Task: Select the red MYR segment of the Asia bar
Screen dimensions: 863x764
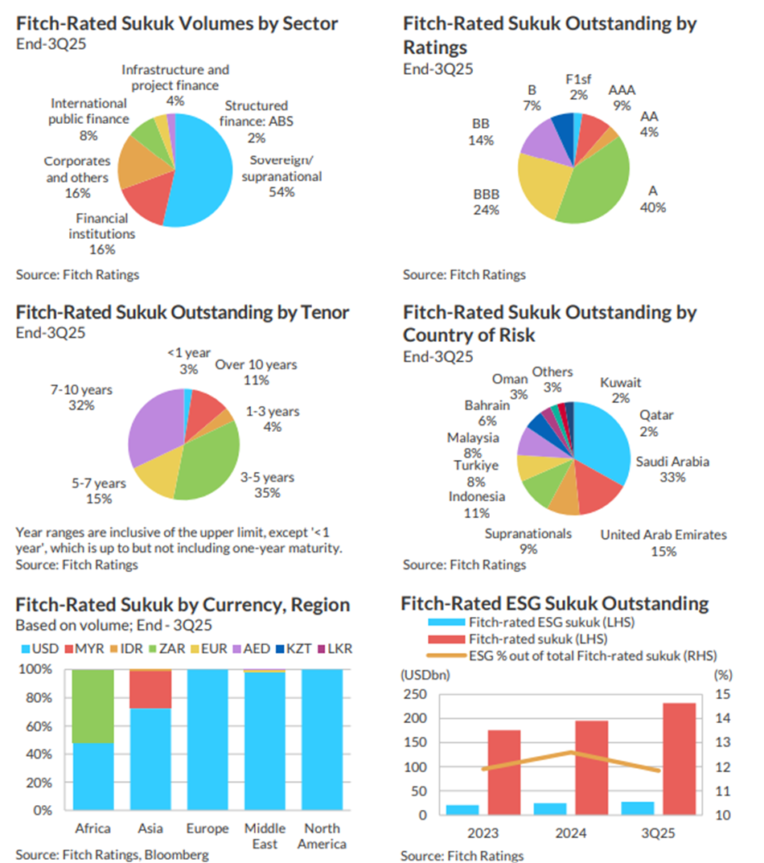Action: tap(150, 689)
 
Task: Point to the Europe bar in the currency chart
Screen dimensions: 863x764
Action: tap(207, 739)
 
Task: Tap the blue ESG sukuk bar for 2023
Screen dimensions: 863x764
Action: tap(462, 809)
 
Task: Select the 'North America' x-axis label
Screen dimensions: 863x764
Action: tap(321, 836)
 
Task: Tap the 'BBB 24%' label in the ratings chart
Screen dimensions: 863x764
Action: tap(487, 203)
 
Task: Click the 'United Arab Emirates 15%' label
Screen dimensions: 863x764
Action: tap(663, 543)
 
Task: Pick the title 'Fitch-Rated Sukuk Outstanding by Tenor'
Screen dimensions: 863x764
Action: tap(183, 312)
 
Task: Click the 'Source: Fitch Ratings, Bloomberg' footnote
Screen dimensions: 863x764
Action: tap(113, 854)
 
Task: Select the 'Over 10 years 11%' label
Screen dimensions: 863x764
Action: tap(256, 372)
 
